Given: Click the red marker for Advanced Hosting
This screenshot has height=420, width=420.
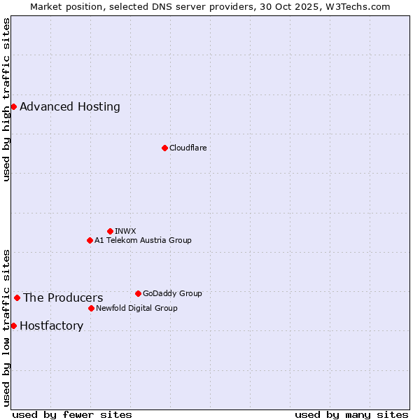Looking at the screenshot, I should click(13, 106).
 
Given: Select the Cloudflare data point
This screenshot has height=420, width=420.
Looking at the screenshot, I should click(164, 148).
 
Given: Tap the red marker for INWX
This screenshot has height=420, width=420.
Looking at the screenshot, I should click(110, 231).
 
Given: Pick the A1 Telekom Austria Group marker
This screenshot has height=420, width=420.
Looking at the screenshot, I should click(90, 240).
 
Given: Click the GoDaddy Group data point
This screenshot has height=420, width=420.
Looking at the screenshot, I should click(138, 293).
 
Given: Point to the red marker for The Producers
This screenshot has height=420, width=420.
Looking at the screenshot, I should click(17, 297).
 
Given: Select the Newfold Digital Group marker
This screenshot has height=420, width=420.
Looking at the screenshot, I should click(91, 308).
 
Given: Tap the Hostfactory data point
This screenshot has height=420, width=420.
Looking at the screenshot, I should click(13, 325).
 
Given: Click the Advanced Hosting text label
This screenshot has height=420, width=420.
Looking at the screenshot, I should click(70, 107).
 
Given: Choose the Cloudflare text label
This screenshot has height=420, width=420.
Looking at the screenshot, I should click(188, 148).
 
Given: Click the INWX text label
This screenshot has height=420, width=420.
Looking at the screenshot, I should click(125, 231).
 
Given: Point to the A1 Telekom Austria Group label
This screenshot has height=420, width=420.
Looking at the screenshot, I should click(143, 240).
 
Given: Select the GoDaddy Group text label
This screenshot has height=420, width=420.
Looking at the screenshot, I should click(172, 293).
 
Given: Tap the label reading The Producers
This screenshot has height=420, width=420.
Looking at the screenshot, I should click(63, 298).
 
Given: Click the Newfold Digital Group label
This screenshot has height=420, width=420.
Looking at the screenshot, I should click(136, 308).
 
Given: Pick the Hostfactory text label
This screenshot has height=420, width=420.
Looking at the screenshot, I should click(52, 326).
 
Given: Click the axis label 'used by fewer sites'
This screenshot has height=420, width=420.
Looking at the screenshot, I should click(72, 414).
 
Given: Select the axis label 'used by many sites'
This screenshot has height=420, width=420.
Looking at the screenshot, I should click(351, 414).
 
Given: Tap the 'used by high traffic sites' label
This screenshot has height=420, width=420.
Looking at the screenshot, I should click(7, 99).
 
